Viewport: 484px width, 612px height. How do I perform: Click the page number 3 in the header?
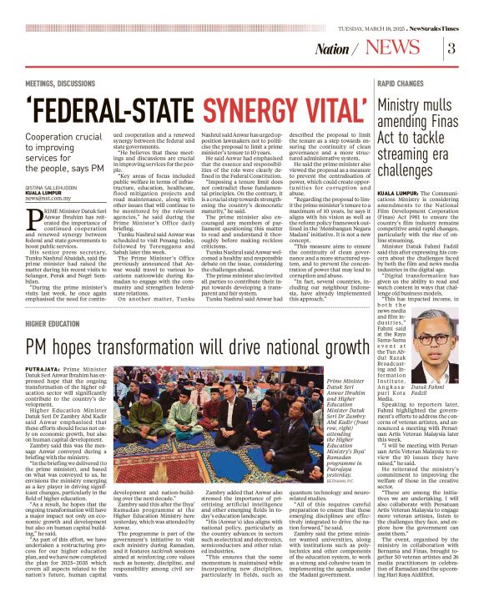(451, 48)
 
